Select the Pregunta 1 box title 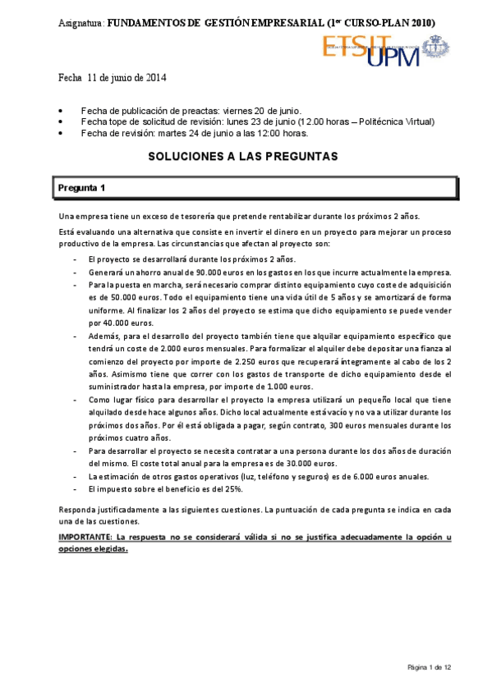tap(81, 188)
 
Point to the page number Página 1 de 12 tap(430, 666)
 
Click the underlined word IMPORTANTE tap(85, 537)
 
